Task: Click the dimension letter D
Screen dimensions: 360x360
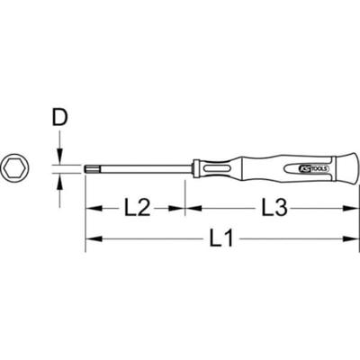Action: (60, 118)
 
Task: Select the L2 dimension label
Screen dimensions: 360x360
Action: (137, 209)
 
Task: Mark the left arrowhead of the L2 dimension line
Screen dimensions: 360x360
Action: (92, 209)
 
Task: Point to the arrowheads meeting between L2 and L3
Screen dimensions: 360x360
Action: (185, 209)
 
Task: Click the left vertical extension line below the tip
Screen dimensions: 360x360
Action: (85, 216)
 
